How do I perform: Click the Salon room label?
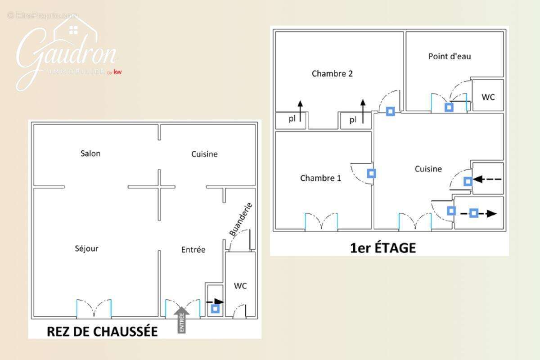coord(90,153)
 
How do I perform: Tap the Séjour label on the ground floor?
coord(87,248)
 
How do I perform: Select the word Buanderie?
coord(241,220)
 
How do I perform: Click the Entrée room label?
coord(193,250)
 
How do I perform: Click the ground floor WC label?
coord(240,286)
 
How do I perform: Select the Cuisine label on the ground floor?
coord(204,154)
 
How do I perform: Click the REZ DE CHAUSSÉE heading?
coord(103,332)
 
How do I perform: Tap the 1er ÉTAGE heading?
coord(383,247)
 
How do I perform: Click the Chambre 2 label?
coord(332,74)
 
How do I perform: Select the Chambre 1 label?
coord(320,178)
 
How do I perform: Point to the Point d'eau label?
coord(450,56)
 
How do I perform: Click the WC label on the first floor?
coord(488,97)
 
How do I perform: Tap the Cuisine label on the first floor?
coord(428,169)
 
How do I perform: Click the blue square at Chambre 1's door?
coord(372,173)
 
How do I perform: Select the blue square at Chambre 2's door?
coord(390,111)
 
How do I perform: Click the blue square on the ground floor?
coord(216,309)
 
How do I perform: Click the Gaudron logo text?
coord(67,54)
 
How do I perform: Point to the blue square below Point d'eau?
coord(449,107)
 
